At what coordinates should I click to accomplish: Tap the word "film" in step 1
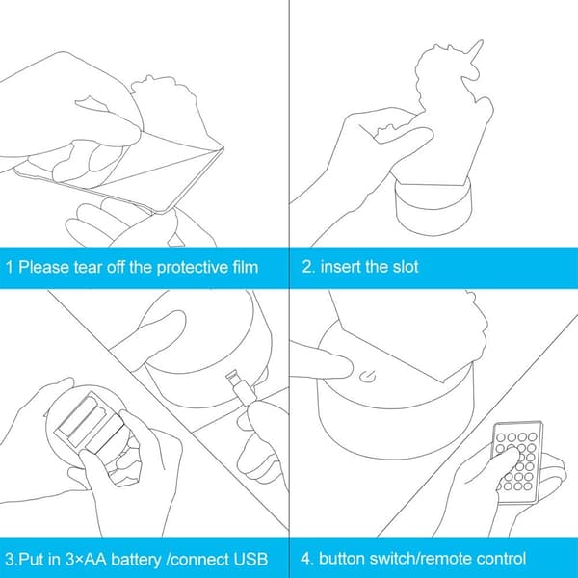(245, 267)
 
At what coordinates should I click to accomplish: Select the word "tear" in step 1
(88, 267)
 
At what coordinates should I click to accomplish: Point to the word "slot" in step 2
(406, 267)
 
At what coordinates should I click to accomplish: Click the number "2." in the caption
(308, 267)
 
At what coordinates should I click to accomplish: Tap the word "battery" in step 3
(136, 559)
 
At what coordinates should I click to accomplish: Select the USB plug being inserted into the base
(241, 387)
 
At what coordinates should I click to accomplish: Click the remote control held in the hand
(517, 462)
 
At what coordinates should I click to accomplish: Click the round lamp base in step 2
(433, 204)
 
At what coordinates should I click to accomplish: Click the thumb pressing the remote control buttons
(505, 456)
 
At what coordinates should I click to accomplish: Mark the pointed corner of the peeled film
(223, 147)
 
